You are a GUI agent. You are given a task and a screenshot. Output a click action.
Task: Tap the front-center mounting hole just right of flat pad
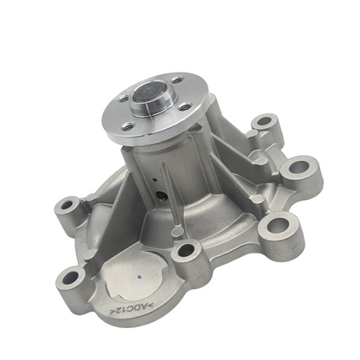tap(185, 251)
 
